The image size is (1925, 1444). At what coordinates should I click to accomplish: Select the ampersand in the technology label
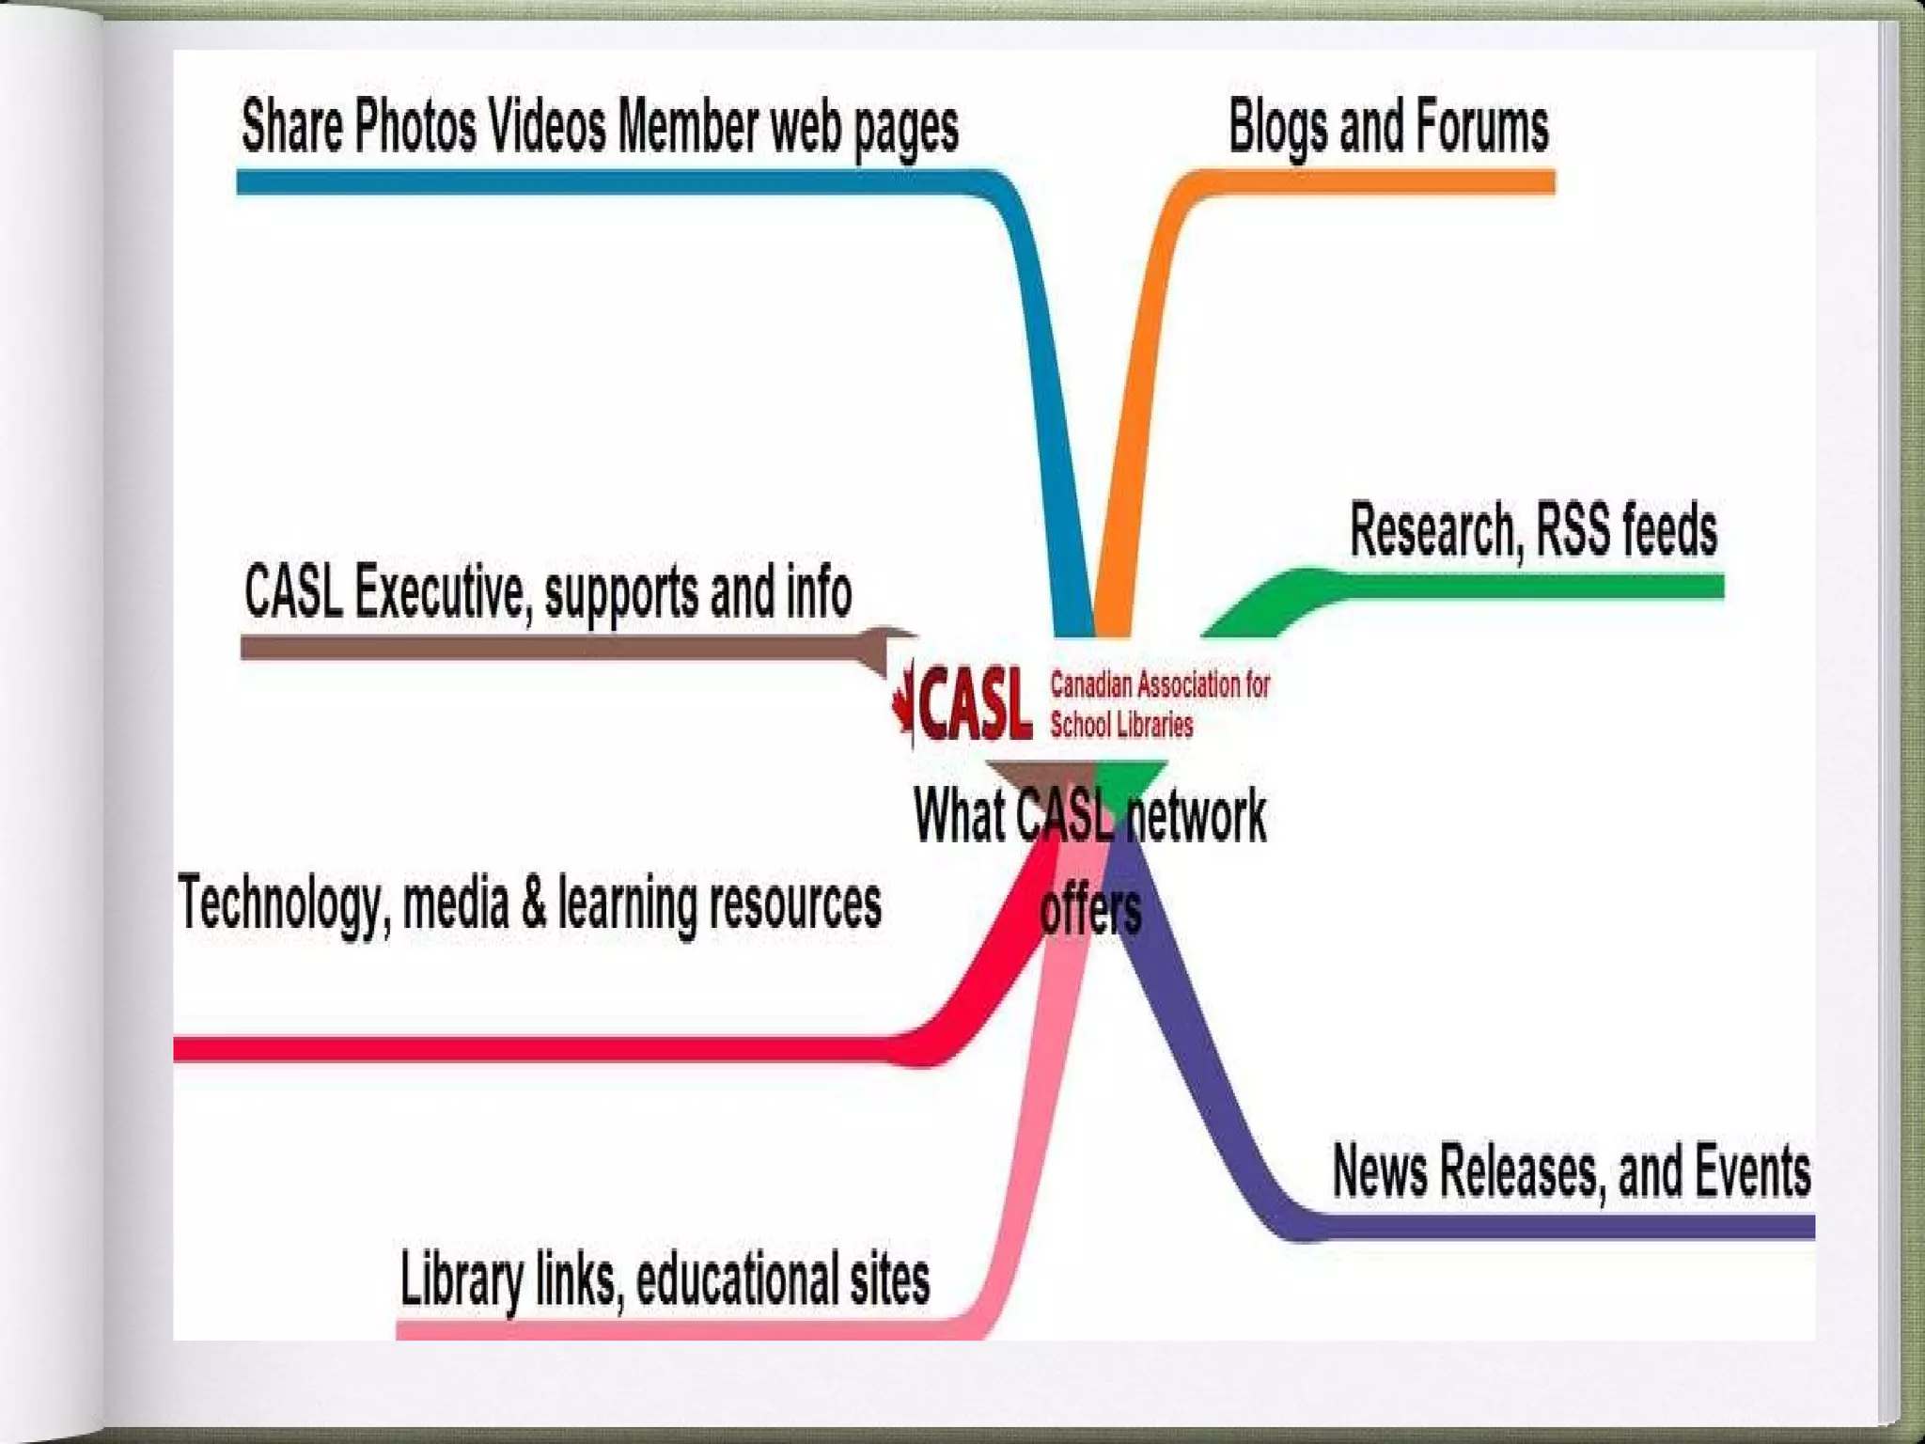pos(533,902)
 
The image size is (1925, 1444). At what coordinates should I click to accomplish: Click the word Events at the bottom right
pos(1752,1171)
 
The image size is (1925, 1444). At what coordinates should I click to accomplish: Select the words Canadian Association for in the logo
pos(1160,685)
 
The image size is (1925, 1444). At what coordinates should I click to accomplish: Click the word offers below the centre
pos(1090,910)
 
